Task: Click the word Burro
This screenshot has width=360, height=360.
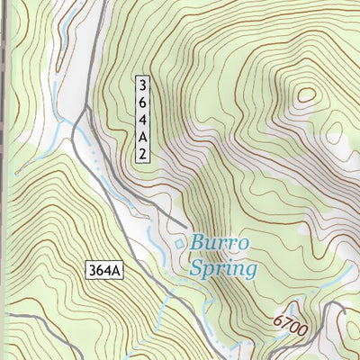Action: coord(219,244)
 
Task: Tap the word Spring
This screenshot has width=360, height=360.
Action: coord(223,268)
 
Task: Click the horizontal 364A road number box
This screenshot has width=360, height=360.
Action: coord(107,270)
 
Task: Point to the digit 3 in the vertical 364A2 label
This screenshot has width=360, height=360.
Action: coord(142,85)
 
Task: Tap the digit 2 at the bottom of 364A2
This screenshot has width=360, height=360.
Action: coord(142,155)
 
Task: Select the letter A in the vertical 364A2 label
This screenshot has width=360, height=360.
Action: coord(142,138)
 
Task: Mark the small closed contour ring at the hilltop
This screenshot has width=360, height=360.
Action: coord(306,94)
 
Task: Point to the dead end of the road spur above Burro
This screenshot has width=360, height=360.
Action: coord(186,225)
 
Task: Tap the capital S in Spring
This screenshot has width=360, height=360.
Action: coord(196,268)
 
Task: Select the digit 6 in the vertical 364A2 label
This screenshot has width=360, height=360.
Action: coord(142,103)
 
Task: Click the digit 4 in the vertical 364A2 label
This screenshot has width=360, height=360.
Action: coord(142,121)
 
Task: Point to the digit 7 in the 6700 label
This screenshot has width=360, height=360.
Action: coord(283,321)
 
